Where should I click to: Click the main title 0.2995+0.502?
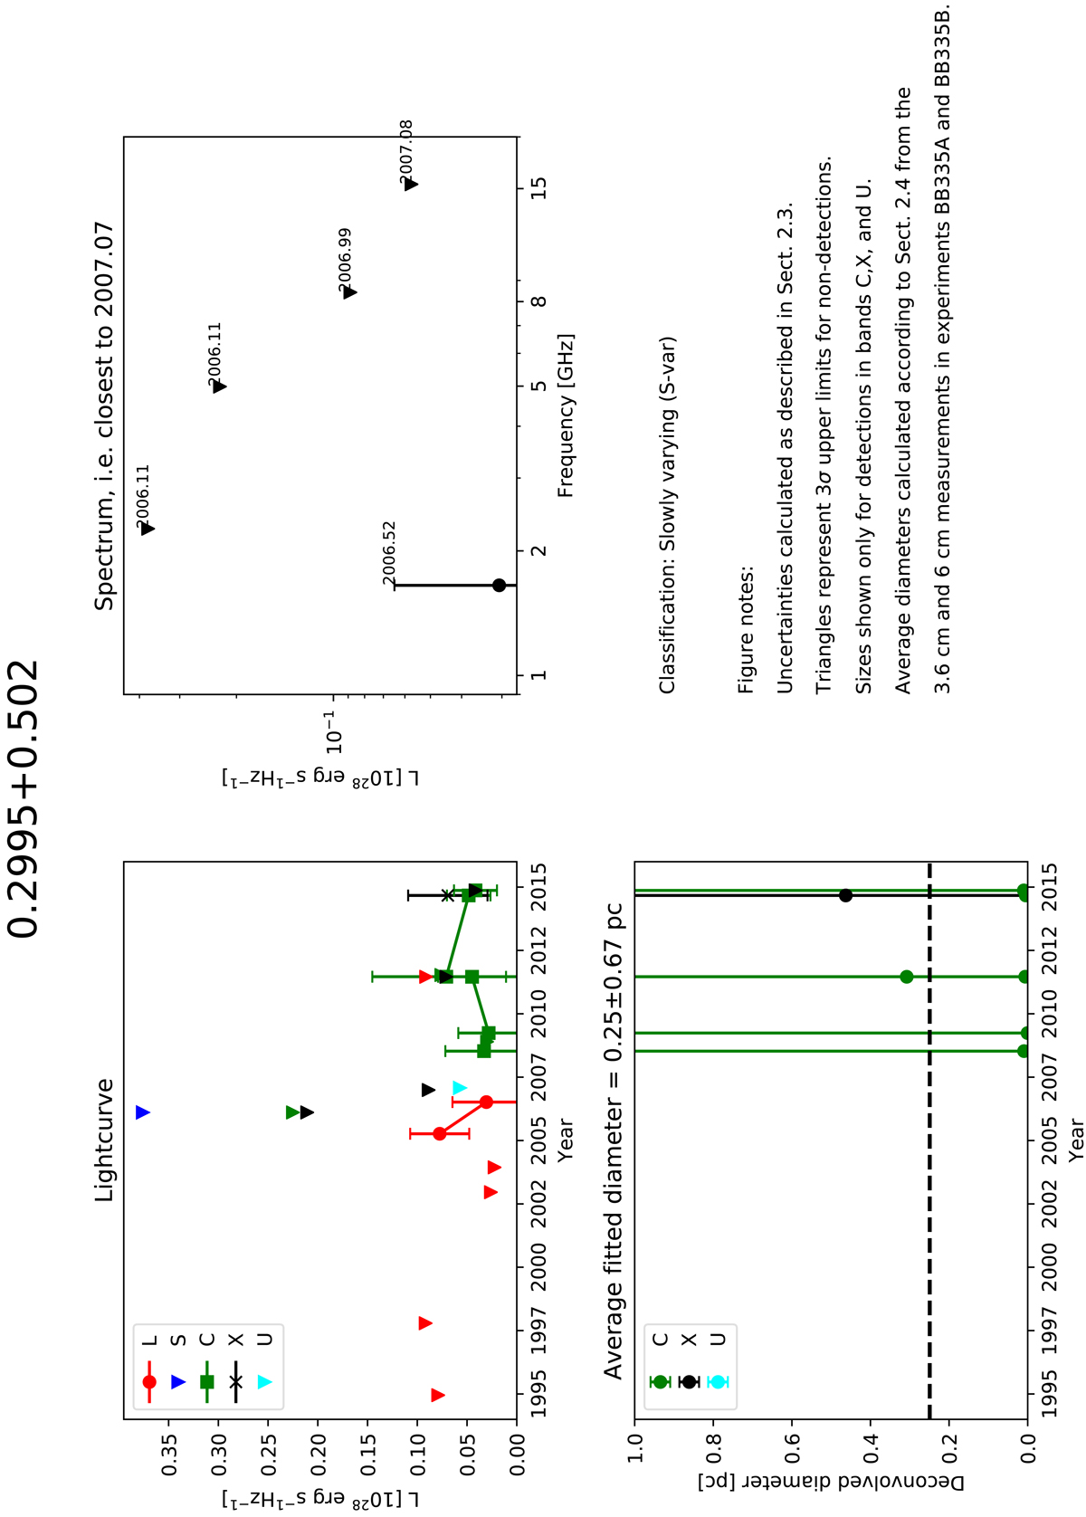pyautogui.click(x=23, y=800)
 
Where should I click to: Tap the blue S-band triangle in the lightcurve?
pyautogui.click(x=142, y=1112)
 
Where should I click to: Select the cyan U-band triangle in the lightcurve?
pyautogui.click(x=460, y=1088)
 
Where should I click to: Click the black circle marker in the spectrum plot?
pyautogui.click(x=499, y=585)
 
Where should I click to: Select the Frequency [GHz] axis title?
pyautogui.click(x=566, y=415)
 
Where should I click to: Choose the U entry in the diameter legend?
pyautogui.click(x=718, y=1340)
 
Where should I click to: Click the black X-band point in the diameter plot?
pyautogui.click(x=845, y=895)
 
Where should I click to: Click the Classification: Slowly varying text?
pyautogui.click(x=668, y=515)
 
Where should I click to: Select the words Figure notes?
pyautogui.click(x=746, y=629)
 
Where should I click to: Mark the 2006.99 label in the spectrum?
pyautogui.click(x=345, y=260)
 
